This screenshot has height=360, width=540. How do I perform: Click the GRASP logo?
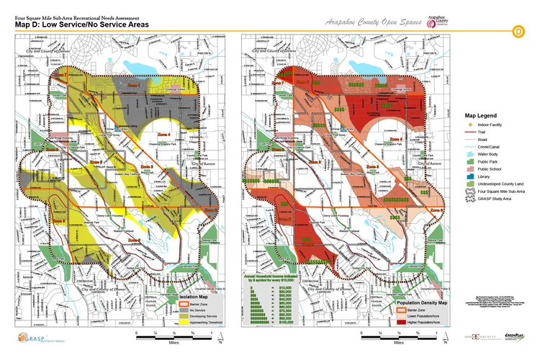[x=28, y=338]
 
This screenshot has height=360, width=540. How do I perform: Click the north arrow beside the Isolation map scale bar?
[x=221, y=336]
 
